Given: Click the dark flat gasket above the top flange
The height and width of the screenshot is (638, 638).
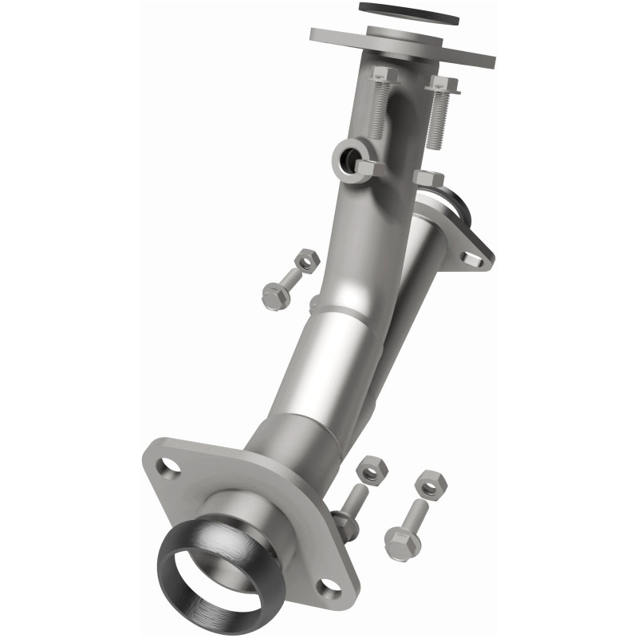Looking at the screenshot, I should coord(409,10).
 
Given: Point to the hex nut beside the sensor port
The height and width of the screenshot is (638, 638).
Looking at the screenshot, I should coord(365,167).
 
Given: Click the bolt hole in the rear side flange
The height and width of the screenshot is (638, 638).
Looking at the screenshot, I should coord(475,258).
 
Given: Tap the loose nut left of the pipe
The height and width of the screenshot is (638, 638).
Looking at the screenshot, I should coord(306,260).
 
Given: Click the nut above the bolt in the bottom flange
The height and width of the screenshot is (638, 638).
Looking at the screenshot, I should coord(369,471).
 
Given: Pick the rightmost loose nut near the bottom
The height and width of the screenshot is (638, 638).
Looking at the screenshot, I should coord(431,482).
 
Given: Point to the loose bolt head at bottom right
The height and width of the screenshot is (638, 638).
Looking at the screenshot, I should coord(401,544).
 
